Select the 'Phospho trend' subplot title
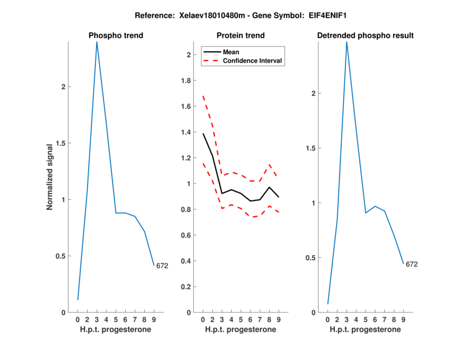click(116, 36)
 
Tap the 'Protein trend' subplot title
click(241, 36)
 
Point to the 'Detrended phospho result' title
click(365, 36)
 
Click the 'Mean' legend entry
click(231, 52)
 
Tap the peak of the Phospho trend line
click(97, 42)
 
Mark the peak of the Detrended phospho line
click(347, 42)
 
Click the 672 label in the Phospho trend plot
click(162, 266)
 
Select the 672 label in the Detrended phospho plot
click(412, 264)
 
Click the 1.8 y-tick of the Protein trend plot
click(185, 80)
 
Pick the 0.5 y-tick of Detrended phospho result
click(311, 258)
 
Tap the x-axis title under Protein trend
click(241, 330)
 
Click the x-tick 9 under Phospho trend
click(154, 320)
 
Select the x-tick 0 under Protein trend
click(203, 320)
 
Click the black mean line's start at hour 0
click(203, 134)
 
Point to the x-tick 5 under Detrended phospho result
click(366, 320)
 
